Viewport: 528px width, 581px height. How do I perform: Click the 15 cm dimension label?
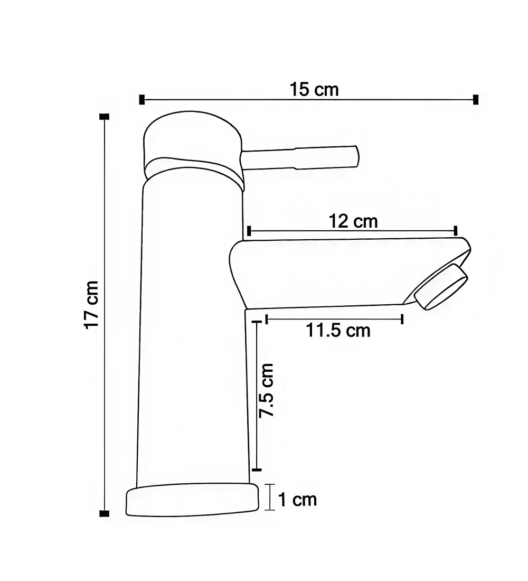pyautogui.click(x=314, y=90)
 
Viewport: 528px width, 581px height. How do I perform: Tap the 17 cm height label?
pyautogui.click(x=91, y=305)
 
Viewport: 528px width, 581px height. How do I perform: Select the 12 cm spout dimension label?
pyautogui.click(x=353, y=221)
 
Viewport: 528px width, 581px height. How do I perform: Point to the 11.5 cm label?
pyautogui.click(x=338, y=330)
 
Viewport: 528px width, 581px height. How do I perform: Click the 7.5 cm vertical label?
pyautogui.click(x=267, y=390)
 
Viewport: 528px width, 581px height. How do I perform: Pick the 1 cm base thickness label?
pyautogui.click(x=298, y=500)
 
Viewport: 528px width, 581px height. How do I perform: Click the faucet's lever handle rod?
pyautogui.click(x=300, y=157)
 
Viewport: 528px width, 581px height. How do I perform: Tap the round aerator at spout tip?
pyautogui.click(x=441, y=287)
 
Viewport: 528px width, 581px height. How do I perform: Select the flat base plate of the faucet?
pyautogui.click(x=192, y=500)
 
